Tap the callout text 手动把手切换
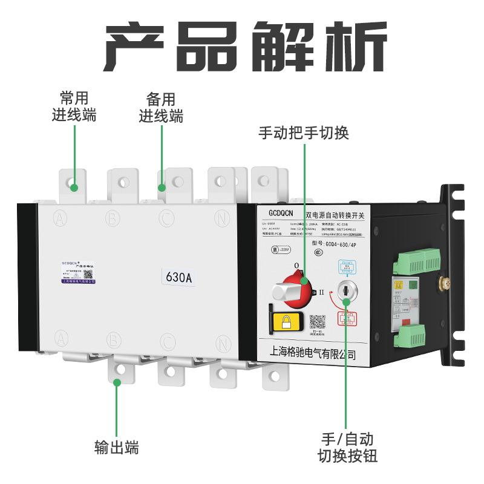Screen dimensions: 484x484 [x=304, y=132]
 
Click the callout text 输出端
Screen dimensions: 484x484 [x=117, y=448]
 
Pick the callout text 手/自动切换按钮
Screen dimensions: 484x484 [x=347, y=446]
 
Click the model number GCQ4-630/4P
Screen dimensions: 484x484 [x=343, y=244]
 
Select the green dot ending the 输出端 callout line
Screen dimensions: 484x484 [x=117, y=381]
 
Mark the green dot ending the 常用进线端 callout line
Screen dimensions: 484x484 [x=74, y=188]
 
